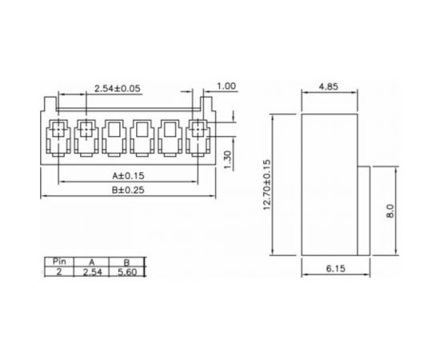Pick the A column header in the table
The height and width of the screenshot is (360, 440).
click(x=92, y=262)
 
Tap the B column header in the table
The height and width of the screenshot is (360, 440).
click(x=126, y=262)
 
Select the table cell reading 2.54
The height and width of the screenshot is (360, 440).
click(x=92, y=272)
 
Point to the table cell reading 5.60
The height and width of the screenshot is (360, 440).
click(x=126, y=272)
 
